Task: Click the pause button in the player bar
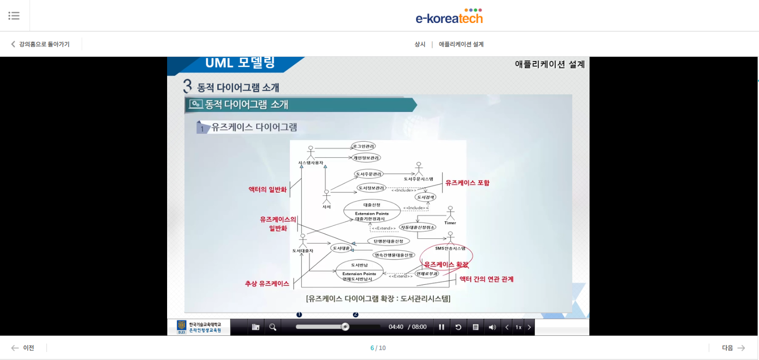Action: point(441,327)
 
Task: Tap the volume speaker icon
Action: point(492,327)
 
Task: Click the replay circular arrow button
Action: point(458,327)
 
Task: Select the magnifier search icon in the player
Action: point(273,327)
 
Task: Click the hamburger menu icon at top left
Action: point(14,15)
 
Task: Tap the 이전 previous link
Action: point(23,348)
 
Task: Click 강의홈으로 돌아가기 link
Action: point(40,44)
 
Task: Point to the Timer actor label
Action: point(450,223)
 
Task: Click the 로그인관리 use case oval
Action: point(363,146)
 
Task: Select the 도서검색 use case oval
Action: point(426,197)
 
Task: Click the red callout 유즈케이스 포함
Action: point(467,183)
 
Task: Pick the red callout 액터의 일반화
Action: point(268,189)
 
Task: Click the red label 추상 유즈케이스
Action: point(267,283)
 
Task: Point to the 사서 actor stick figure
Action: point(327,196)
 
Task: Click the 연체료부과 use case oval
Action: point(427,274)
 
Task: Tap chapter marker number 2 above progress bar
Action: point(355,314)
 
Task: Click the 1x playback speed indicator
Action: point(518,327)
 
